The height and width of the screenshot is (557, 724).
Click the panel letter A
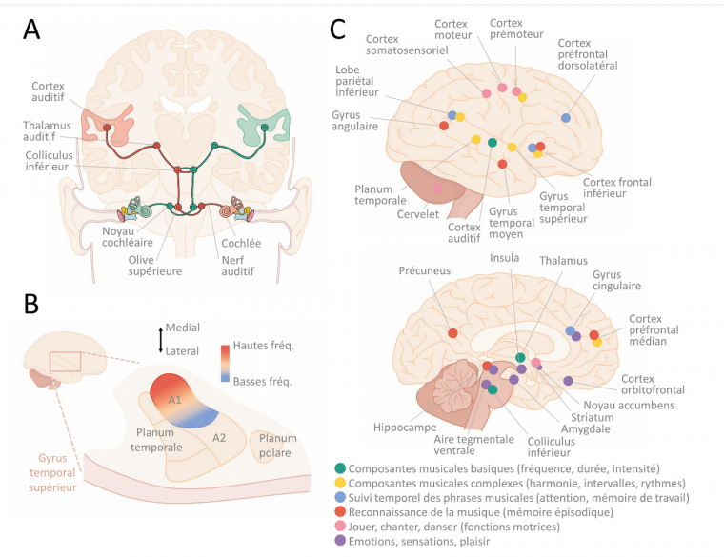click(31, 30)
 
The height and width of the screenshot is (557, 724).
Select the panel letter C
click(338, 30)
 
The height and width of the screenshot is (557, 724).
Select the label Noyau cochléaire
click(121, 236)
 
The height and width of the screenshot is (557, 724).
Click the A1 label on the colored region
click(175, 400)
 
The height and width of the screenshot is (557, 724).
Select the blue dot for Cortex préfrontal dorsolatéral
click(566, 118)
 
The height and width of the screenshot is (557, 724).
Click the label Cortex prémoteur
click(514, 29)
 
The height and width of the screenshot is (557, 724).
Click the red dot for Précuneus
click(452, 333)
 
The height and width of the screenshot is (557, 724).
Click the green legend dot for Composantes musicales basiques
click(340, 468)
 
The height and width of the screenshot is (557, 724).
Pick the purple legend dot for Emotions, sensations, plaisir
click(340, 541)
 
